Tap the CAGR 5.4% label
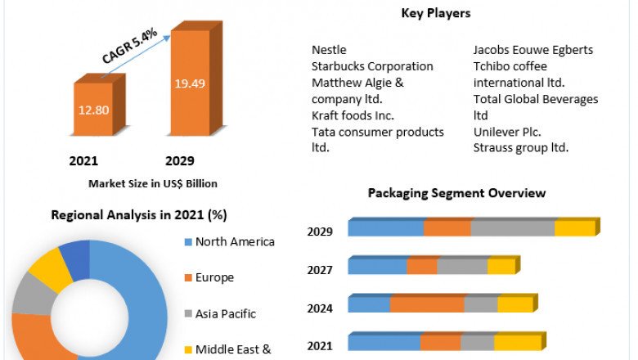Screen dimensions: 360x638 pyautogui.click(x=129, y=47)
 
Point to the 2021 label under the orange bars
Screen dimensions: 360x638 pyautogui.click(x=85, y=160)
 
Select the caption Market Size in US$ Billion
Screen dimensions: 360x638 pyautogui.click(x=153, y=183)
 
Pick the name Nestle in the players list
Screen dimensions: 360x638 pyautogui.click(x=329, y=50)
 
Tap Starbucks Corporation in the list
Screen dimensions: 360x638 pyautogui.click(x=372, y=66)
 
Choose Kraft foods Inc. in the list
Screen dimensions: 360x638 pyautogui.click(x=353, y=115)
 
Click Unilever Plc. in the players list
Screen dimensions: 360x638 pyautogui.click(x=507, y=132)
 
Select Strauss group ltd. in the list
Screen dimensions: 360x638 pyautogui.click(x=520, y=148)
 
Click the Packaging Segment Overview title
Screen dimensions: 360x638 pyautogui.click(x=456, y=193)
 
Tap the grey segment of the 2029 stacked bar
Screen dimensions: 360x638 pyautogui.click(x=513, y=228)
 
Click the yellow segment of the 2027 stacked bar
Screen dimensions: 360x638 pyautogui.click(x=500, y=267)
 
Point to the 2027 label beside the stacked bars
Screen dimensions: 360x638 pyautogui.click(x=320, y=270)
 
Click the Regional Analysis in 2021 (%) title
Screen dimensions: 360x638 pyautogui.click(x=139, y=215)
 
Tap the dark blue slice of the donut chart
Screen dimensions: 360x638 pyautogui.click(x=75, y=257)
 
